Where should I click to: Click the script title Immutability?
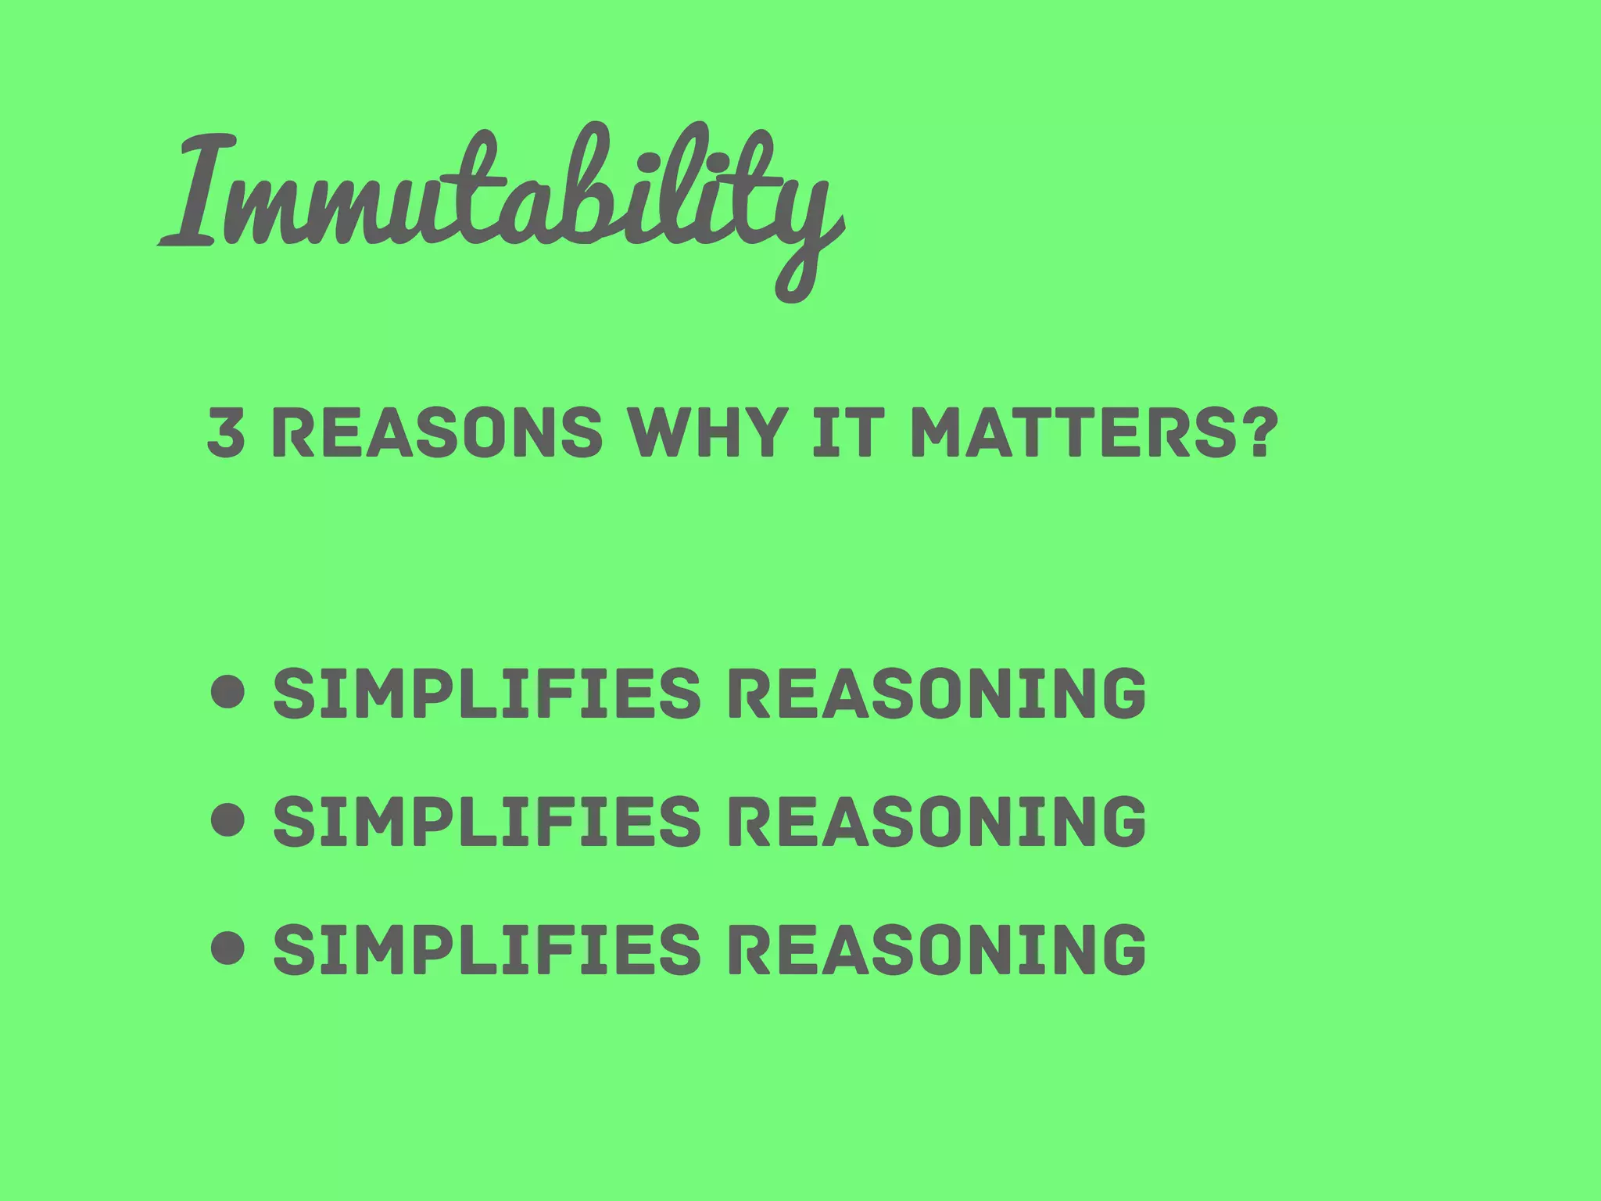[x=500, y=195]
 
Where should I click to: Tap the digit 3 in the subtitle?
[x=226, y=432]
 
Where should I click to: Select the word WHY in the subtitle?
[x=707, y=432]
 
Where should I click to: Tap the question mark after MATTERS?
[x=1252, y=432]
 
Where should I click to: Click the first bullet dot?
[x=228, y=693]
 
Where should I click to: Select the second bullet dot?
[x=228, y=820]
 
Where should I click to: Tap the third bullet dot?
[x=228, y=948]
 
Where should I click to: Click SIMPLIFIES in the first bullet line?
[x=486, y=693]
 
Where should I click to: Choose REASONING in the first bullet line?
[x=937, y=693]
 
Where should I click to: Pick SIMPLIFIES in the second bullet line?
[x=486, y=820]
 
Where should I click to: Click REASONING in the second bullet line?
[x=937, y=820]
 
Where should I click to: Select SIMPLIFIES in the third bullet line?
[x=486, y=948]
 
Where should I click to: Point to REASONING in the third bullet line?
[x=937, y=948]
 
